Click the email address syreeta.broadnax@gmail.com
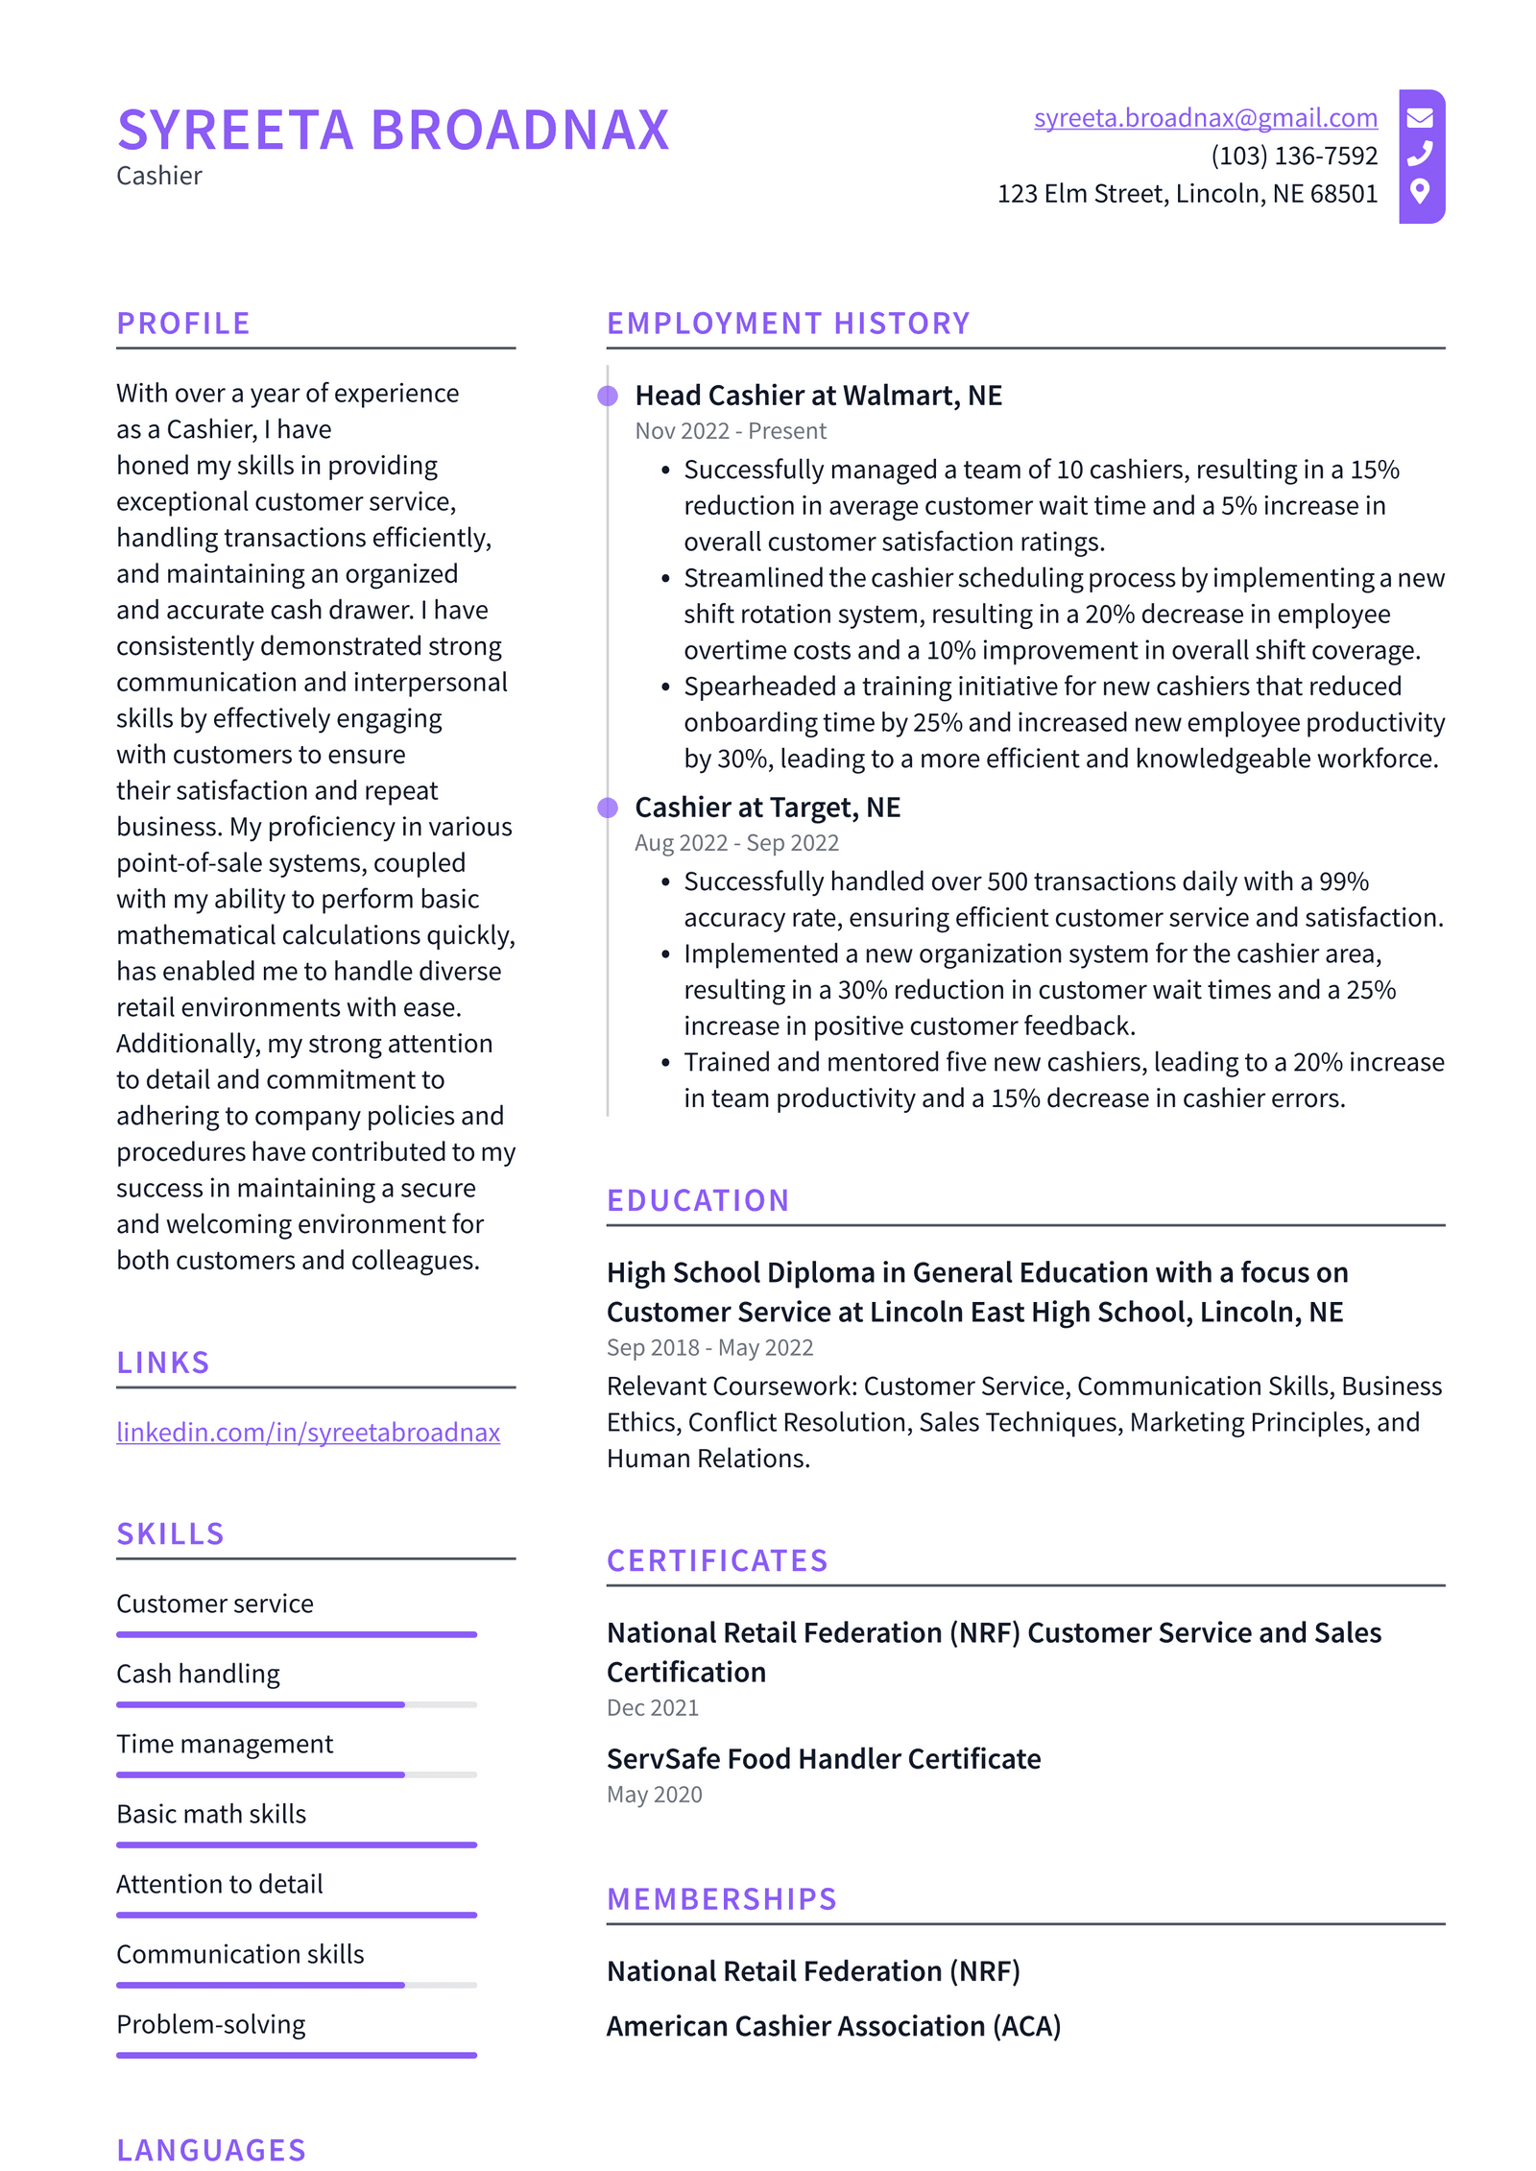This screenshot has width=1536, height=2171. click(1205, 118)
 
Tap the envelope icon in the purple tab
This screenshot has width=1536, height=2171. click(1420, 118)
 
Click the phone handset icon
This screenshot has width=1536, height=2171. click(1420, 154)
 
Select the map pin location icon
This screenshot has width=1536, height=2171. click(1420, 190)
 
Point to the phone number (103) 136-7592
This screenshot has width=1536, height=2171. click(1293, 156)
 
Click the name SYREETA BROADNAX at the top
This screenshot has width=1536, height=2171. click(393, 131)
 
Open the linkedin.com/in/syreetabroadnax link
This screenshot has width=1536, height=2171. click(308, 1432)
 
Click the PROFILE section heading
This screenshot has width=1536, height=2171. click(183, 324)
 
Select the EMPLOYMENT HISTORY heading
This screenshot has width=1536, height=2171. click(788, 324)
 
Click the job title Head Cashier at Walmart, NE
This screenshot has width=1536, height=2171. click(818, 396)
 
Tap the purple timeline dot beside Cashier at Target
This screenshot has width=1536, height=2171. click(608, 808)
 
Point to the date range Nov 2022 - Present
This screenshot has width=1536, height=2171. click(730, 431)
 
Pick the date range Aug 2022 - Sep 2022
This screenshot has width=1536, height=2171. click(736, 843)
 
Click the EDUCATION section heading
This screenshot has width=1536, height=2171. click(698, 1200)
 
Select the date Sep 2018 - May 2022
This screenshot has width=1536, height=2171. click(709, 1348)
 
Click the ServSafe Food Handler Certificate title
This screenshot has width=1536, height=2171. click(824, 1759)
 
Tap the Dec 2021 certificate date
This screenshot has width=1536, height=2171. click(653, 1708)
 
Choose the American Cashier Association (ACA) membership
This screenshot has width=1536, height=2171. click(833, 2026)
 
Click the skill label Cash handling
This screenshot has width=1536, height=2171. click(198, 1674)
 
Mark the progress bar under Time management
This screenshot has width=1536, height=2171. click(297, 1774)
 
